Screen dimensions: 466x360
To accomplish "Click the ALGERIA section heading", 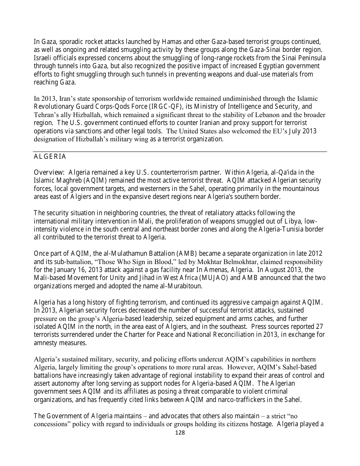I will click(x=50, y=157).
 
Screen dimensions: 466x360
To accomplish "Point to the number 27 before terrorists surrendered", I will click(x=320, y=327).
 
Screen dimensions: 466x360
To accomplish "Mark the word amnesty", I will click(x=46, y=343).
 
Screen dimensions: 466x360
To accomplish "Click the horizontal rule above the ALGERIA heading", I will click(x=180, y=152).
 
